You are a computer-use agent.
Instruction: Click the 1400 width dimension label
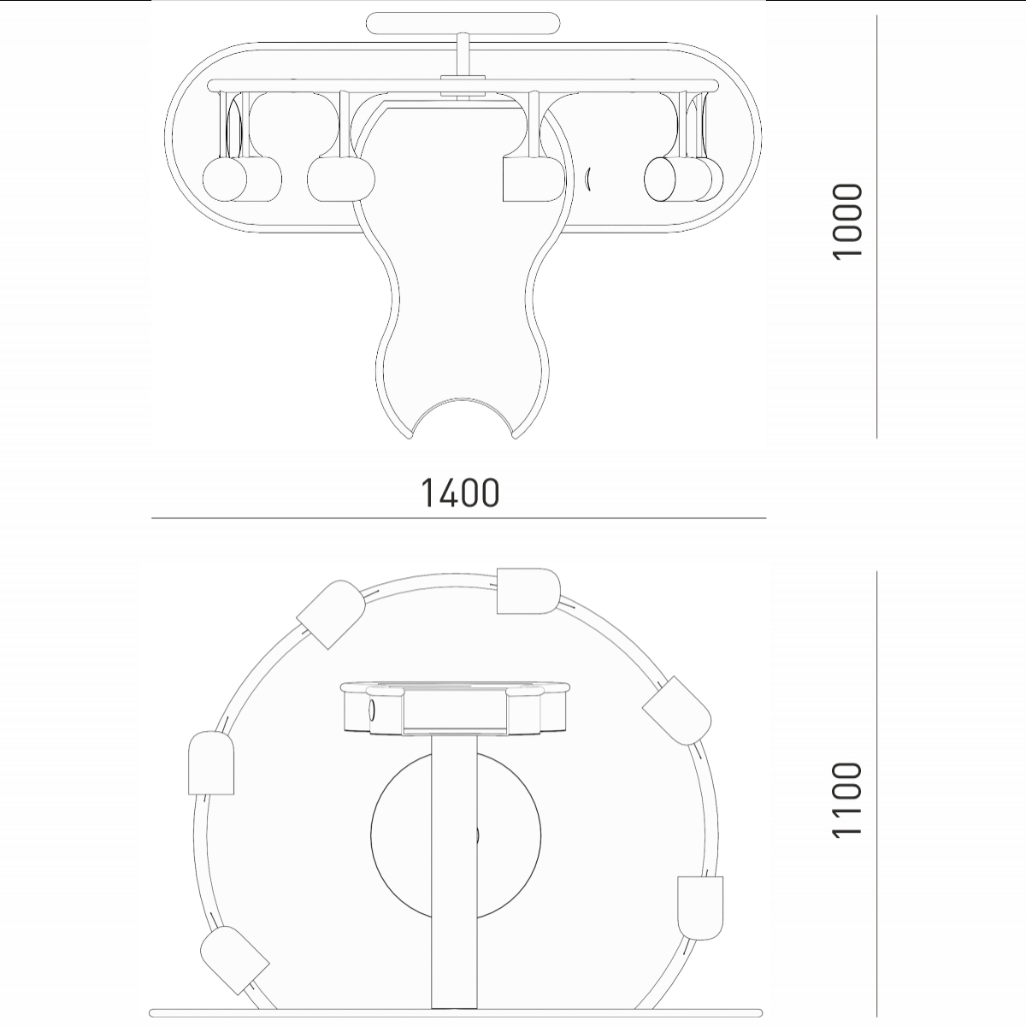[461, 492]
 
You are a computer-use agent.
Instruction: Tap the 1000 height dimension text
[846, 222]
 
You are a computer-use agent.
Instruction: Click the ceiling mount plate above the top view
[463, 23]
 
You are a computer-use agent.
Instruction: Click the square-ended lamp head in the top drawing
[534, 180]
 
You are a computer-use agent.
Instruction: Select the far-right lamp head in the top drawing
[684, 180]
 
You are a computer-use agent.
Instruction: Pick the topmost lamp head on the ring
[528, 591]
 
